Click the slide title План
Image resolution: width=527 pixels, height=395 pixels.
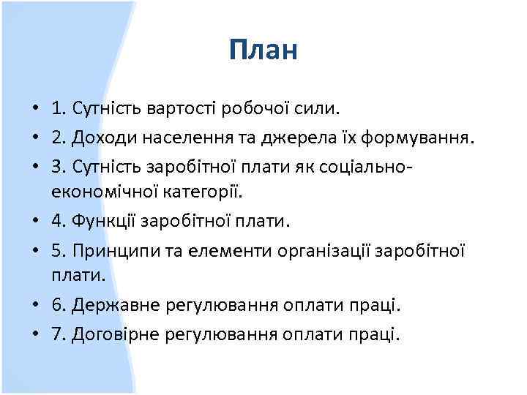pos(263,50)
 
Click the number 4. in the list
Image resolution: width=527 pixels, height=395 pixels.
pos(59,220)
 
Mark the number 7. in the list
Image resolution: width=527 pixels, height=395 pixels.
pos(59,335)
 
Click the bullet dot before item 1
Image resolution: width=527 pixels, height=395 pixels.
pos(35,110)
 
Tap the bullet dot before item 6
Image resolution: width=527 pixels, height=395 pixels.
pos(35,304)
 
